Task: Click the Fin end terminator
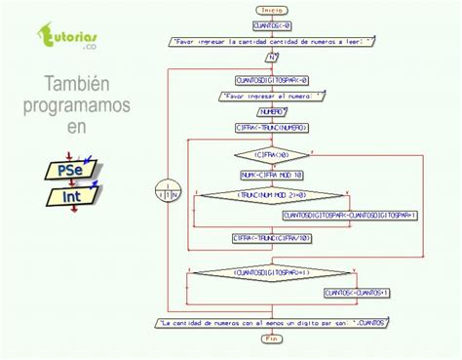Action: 272,339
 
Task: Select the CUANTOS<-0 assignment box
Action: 272,24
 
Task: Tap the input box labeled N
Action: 272,58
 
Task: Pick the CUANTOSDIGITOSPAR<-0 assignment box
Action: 272,81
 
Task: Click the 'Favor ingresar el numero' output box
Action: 272,97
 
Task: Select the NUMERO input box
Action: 272,112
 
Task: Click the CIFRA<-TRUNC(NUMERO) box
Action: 272,127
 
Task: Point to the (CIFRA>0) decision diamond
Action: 272,154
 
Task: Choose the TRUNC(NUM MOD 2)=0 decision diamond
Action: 272,195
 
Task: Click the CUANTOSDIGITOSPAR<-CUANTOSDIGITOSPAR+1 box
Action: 349,216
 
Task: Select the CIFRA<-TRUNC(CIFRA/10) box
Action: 272,237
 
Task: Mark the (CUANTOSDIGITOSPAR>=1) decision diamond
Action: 272,272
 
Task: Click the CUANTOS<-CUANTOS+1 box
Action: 357,292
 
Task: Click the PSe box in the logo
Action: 69,170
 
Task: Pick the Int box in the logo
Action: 69,197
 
